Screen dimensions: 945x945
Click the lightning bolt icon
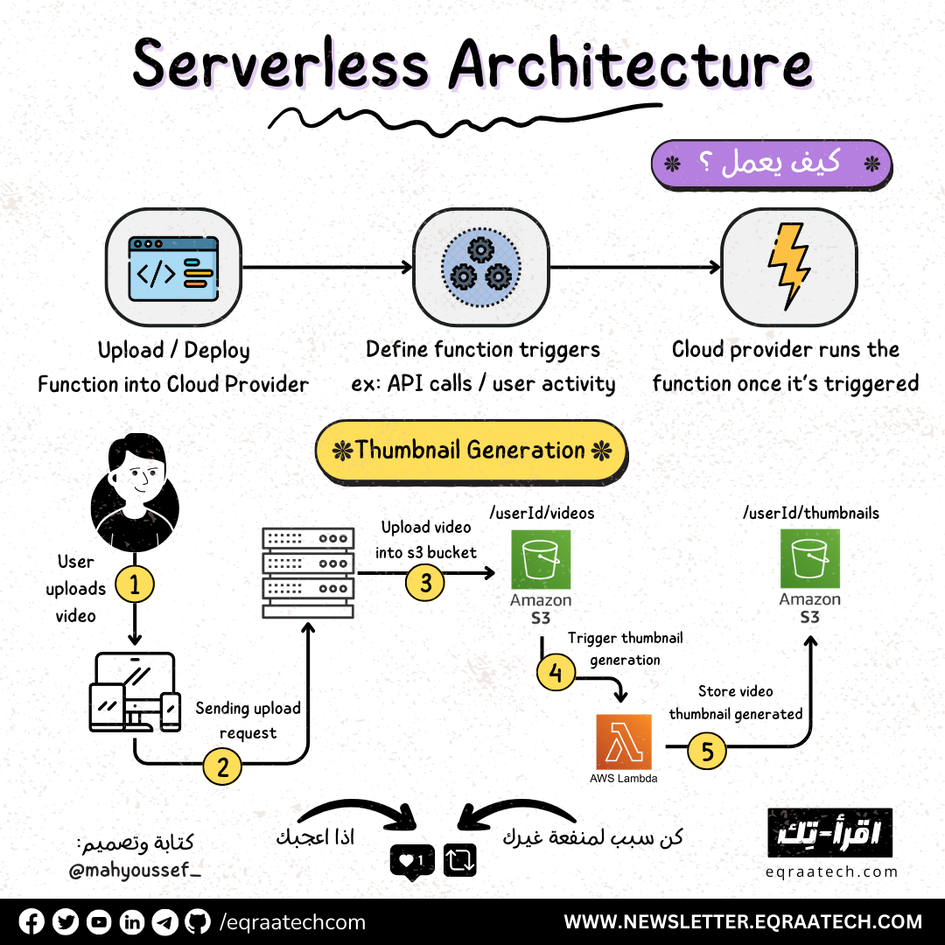point(787,266)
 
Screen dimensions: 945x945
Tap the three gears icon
point(480,266)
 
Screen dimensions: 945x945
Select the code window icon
point(173,266)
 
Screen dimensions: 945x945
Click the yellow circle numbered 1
point(135,584)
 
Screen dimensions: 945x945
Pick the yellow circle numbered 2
point(222,767)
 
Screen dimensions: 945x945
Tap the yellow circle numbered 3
point(425,584)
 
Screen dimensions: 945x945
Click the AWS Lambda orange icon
point(623,742)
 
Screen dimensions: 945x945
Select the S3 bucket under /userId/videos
point(541,558)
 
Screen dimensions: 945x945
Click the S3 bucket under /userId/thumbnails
point(809,558)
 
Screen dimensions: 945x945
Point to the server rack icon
point(308,573)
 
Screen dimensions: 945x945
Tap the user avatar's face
point(136,478)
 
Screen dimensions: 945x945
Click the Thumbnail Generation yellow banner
point(471,451)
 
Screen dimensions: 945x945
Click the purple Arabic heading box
point(771,163)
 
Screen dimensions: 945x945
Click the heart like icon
point(407,861)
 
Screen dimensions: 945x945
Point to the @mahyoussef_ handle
point(135,871)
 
